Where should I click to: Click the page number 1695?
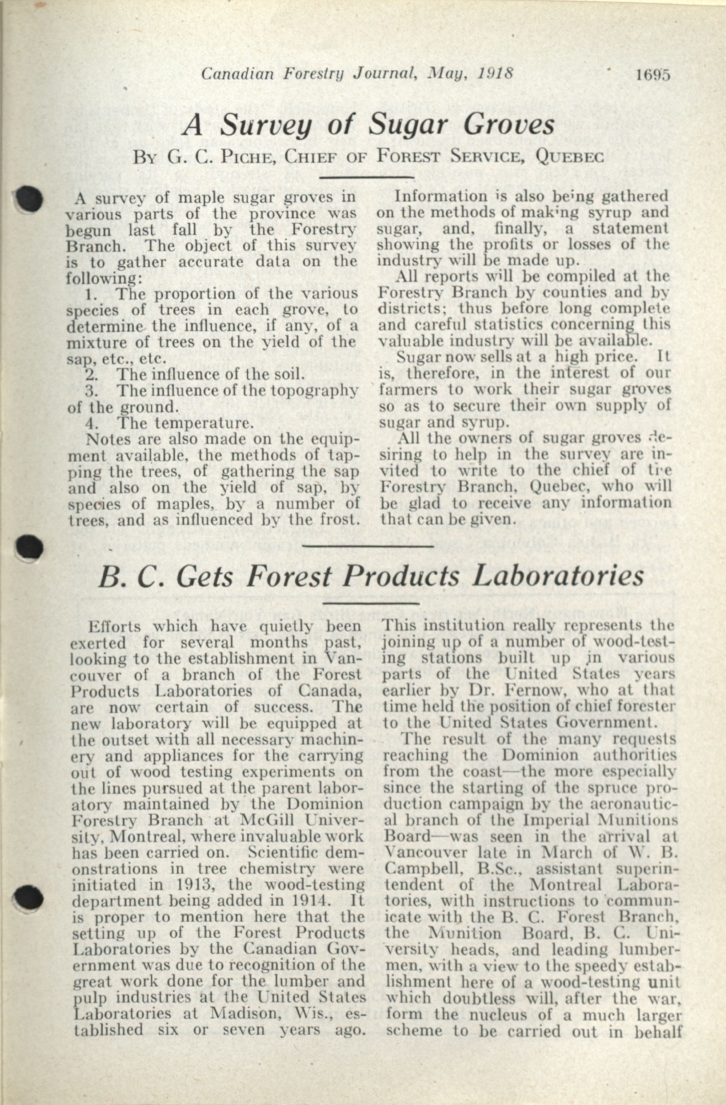click(654, 75)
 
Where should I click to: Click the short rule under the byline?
click(366, 177)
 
